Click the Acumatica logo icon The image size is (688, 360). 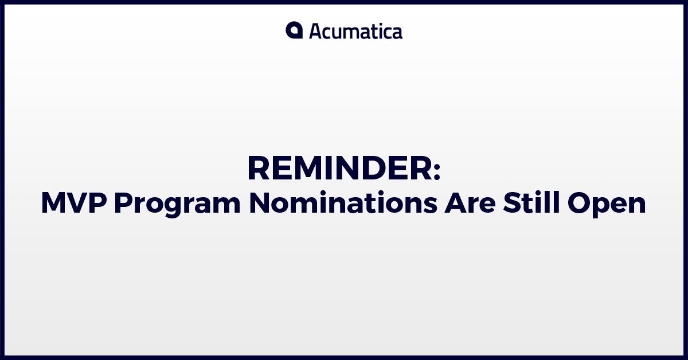point(294,30)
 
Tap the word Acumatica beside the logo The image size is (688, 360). point(355,32)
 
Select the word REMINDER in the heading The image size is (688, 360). point(339,169)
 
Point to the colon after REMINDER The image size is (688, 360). point(437,171)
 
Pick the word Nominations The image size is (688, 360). point(343,203)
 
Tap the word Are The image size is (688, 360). point(470,203)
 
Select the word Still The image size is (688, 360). point(531,202)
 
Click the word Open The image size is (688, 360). point(607,205)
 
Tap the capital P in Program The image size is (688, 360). point(123,203)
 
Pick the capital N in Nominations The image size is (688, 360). point(259,203)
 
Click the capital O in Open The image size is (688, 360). point(578,203)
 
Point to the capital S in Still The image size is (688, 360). point(511,203)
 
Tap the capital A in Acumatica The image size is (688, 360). point(316,32)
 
